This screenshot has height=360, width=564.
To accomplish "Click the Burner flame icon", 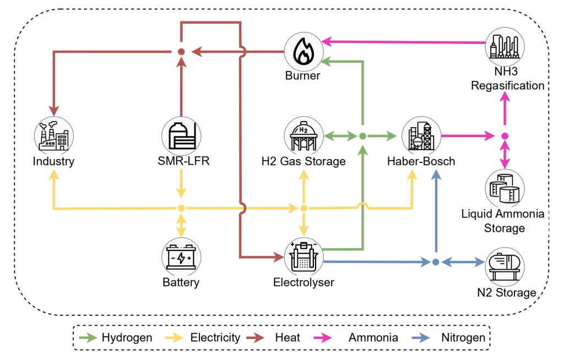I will (x=302, y=51).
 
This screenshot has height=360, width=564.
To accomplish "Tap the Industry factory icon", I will (x=53, y=135).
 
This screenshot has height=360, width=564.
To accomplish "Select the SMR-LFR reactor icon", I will (x=181, y=135).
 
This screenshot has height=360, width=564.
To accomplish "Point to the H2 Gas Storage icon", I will (x=302, y=135).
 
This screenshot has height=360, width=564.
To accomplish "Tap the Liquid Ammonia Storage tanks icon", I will (x=505, y=188).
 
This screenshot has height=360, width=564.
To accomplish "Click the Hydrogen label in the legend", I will (x=127, y=337).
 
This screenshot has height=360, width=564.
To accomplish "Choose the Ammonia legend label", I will (x=373, y=337).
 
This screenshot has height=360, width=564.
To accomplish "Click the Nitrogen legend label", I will (x=463, y=337).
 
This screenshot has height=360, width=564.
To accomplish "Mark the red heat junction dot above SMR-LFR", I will (x=181, y=52).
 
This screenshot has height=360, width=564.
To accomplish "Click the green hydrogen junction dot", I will (x=362, y=135).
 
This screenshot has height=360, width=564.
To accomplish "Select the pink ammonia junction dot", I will (x=505, y=135).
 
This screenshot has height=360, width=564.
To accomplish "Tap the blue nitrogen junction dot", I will (x=436, y=262).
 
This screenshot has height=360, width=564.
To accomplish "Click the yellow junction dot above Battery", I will (x=181, y=208).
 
